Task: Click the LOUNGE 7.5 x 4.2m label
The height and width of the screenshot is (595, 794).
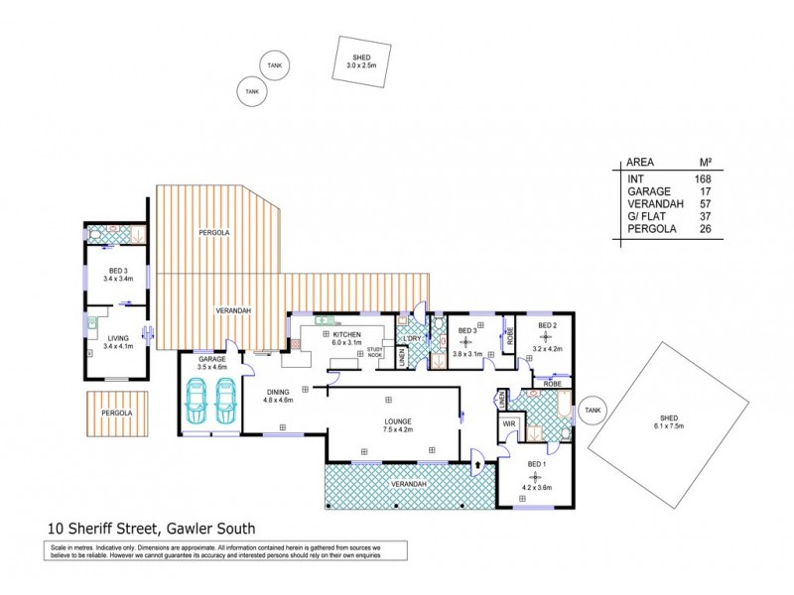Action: click(x=399, y=427)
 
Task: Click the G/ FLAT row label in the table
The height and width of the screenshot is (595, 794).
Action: click(x=645, y=216)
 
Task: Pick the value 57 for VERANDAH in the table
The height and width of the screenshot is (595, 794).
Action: click(x=707, y=204)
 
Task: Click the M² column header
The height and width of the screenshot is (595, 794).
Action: click(x=707, y=163)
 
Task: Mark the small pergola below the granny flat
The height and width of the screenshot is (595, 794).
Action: click(x=117, y=414)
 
